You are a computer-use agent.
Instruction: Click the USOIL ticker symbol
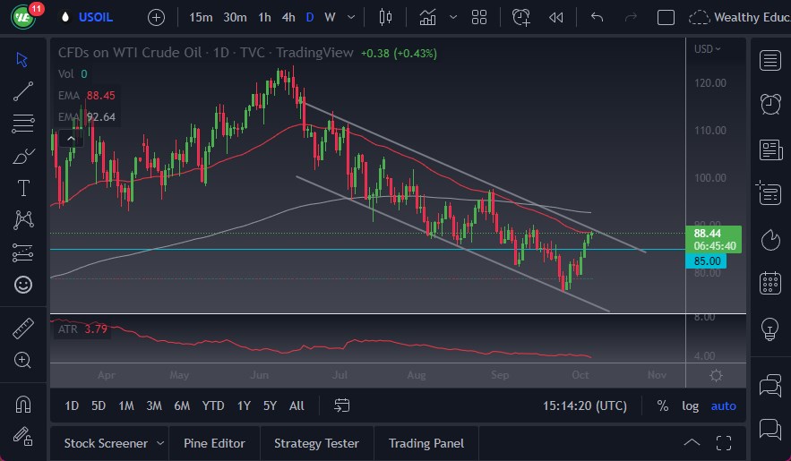pos(97,17)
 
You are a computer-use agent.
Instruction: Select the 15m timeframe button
pos(202,17)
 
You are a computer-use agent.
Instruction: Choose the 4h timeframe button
pos(288,17)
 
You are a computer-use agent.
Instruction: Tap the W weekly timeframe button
pos(330,17)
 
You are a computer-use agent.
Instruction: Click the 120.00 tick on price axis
pos(709,82)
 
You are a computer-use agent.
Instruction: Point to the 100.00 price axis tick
pos(709,177)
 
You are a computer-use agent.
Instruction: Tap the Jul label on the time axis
pos(340,376)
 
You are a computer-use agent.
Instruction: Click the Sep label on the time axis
pos(499,376)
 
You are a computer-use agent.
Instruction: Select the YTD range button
pos(213,406)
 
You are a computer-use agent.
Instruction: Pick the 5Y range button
pos(270,406)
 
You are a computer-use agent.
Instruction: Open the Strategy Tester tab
pos(316,443)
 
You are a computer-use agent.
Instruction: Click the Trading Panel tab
pos(426,443)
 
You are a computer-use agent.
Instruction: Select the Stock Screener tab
pos(105,443)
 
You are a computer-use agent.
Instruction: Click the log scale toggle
pos(690,406)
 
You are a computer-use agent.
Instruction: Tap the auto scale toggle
pos(723,406)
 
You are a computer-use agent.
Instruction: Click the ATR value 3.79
pos(96,329)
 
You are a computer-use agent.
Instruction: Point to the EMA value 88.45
pos(101,95)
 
